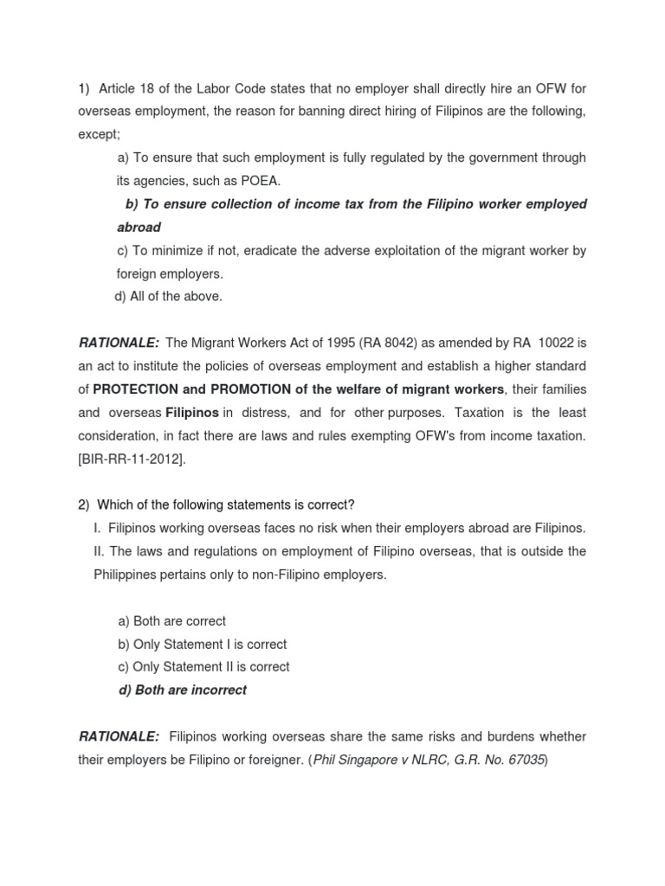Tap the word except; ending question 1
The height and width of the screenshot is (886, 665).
click(x=100, y=134)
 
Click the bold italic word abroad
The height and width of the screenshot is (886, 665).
click(x=139, y=227)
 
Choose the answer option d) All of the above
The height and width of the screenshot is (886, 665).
click(x=169, y=296)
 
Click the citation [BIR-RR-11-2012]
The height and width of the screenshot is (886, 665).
click(x=131, y=459)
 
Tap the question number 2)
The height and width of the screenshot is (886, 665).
click(x=84, y=504)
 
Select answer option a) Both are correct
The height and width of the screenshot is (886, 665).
click(x=171, y=621)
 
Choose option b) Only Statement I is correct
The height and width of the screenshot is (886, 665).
click(x=202, y=645)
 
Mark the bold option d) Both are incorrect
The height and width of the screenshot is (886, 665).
click(x=182, y=690)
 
